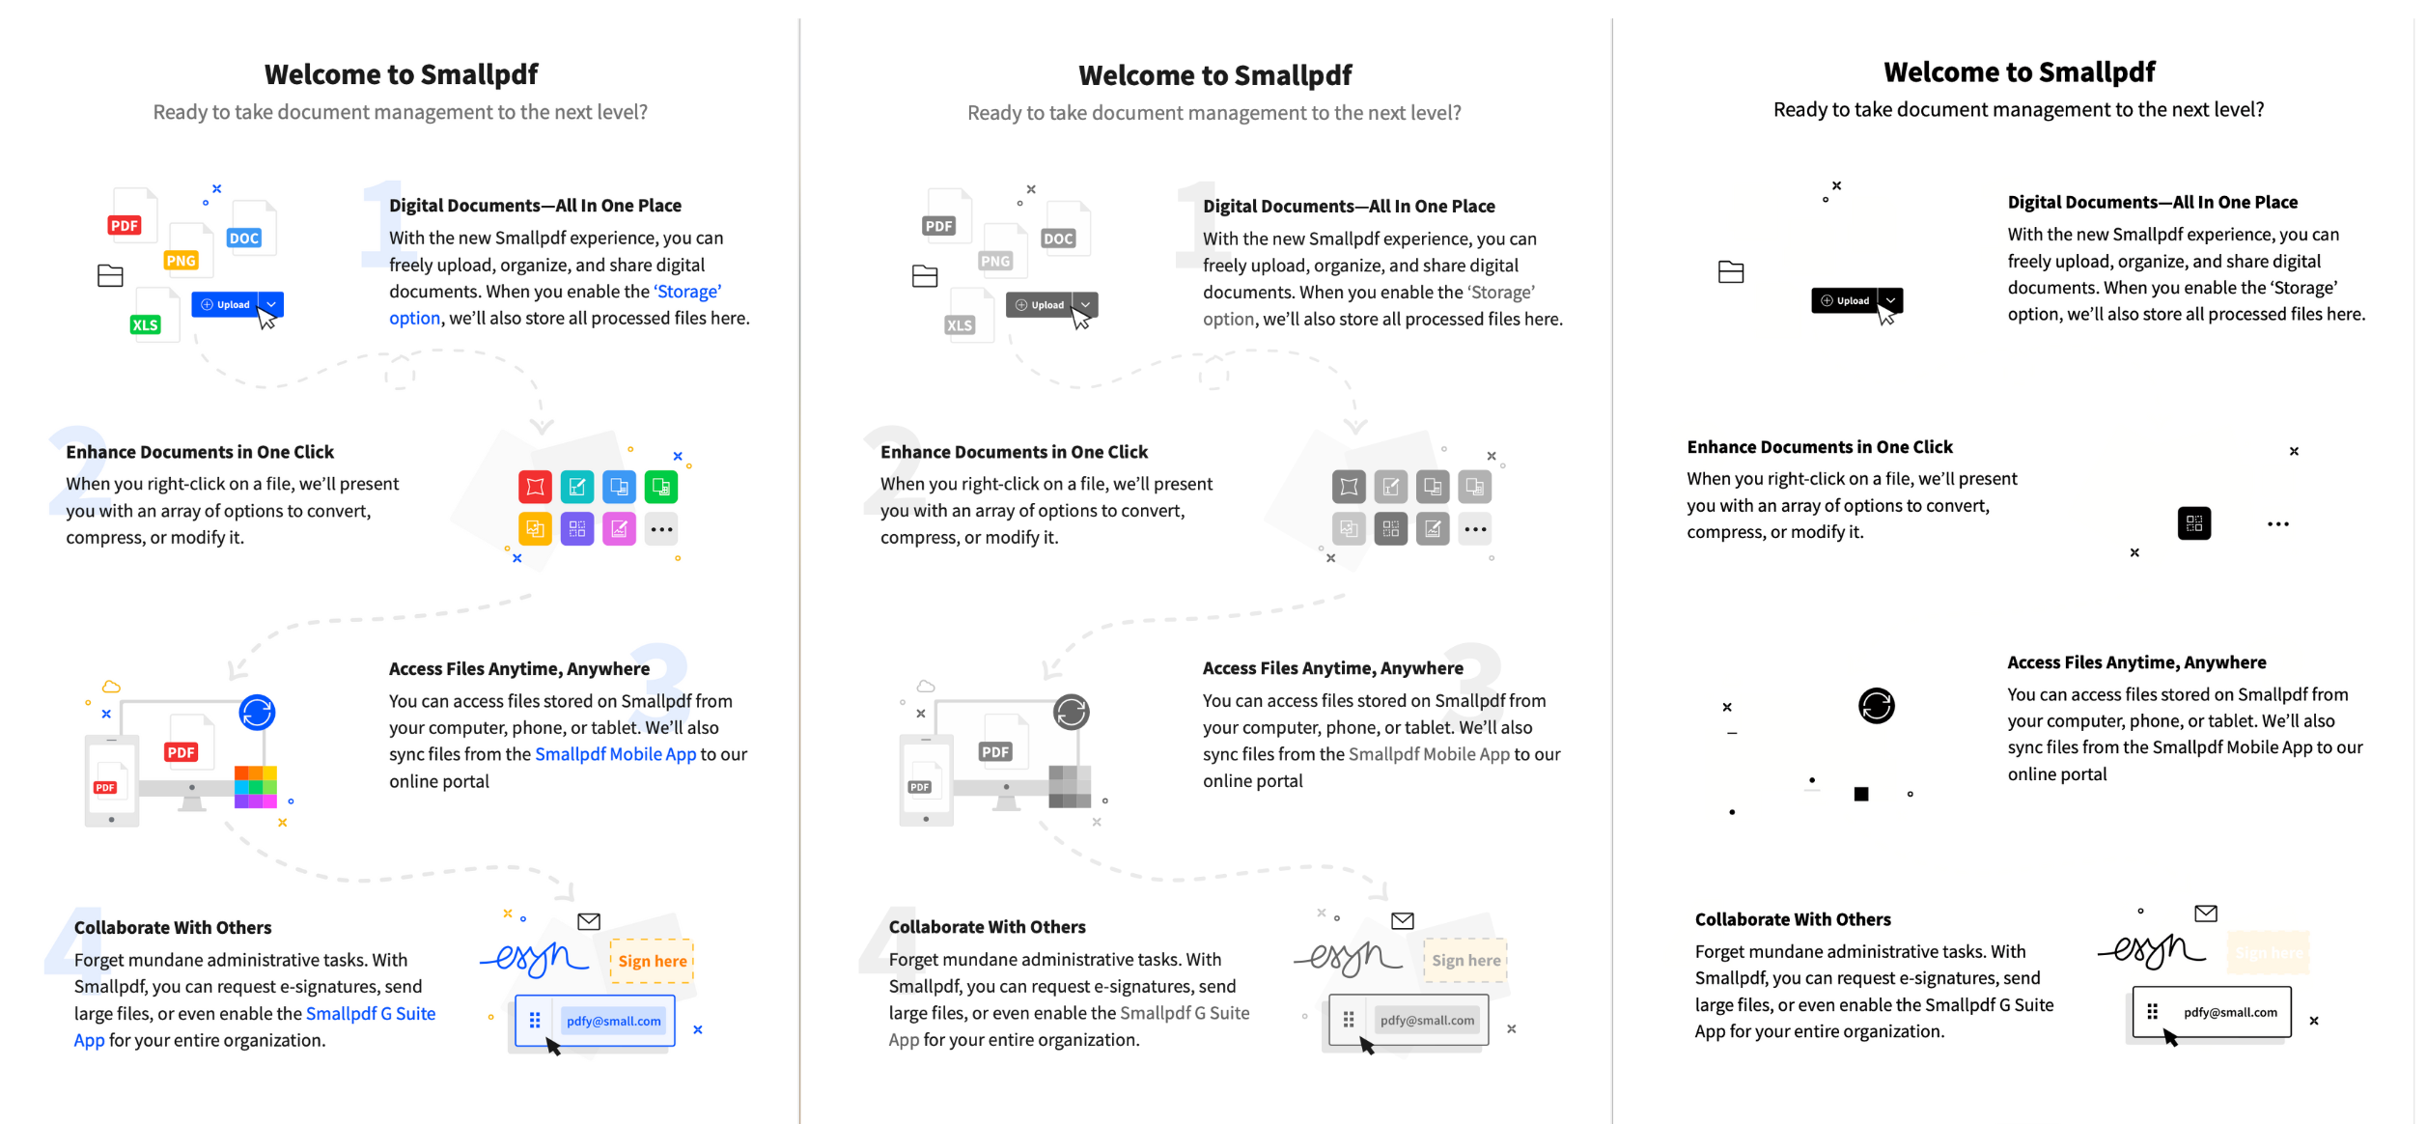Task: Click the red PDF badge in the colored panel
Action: pos(125,225)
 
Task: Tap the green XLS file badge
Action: pos(146,324)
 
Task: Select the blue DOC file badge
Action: pos(244,238)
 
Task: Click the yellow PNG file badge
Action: pos(181,261)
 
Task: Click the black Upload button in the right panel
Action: pos(1845,300)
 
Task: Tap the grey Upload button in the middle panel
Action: pos(1040,305)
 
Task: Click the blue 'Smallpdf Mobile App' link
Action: pos(615,754)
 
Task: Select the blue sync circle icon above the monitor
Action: pos(257,713)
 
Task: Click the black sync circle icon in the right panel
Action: pos(1876,706)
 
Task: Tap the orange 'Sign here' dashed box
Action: pos(653,961)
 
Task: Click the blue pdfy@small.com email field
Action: pos(613,1021)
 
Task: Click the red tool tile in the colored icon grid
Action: pos(535,487)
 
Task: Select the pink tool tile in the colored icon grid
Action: pos(619,529)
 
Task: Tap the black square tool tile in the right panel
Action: pos(2193,523)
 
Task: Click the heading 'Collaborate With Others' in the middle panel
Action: pos(987,927)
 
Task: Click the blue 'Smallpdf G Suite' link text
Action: pos(371,1013)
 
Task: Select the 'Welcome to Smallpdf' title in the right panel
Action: pos(2019,72)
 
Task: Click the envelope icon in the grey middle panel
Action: pos(1402,921)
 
